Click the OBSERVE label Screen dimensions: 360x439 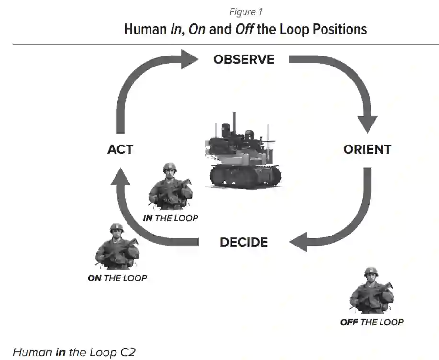point(244,59)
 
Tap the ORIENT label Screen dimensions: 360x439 point(367,149)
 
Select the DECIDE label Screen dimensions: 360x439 point(244,242)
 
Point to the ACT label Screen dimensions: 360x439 point(120,149)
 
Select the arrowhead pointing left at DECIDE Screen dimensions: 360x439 point(300,242)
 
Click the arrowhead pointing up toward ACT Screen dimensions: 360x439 point(120,179)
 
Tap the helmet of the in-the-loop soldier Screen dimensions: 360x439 point(170,168)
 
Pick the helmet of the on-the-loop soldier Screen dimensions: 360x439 point(116,228)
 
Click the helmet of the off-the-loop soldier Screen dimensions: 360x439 point(371,272)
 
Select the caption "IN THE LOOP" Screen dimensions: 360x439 point(170,218)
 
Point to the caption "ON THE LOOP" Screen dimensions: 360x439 point(117,278)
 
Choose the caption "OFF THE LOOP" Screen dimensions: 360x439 point(372,322)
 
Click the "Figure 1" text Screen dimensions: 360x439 point(245,12)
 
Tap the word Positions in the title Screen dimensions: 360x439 point(340,29)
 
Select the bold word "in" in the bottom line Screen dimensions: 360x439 point(60,353)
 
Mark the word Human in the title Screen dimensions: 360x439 point(145,29)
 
